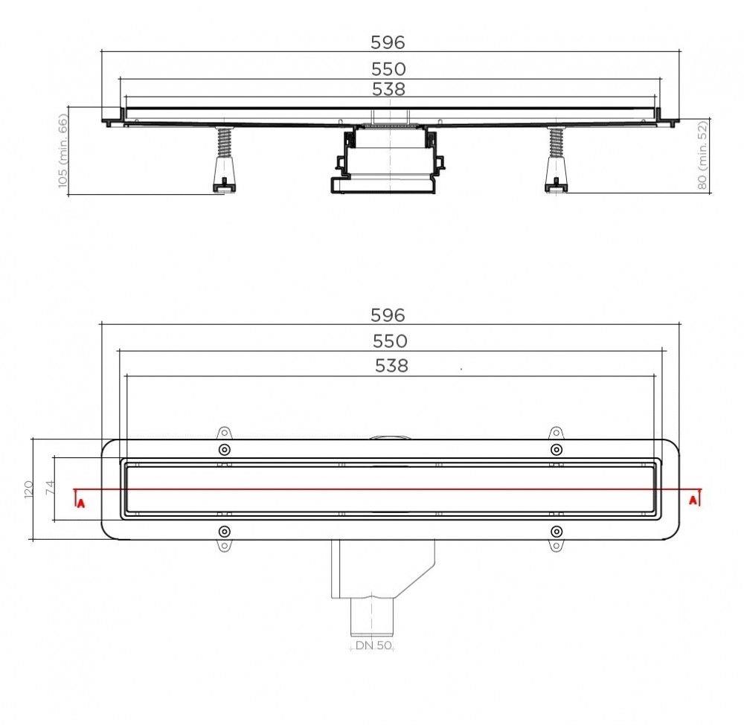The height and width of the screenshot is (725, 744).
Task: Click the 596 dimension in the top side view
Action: tap(389, 42)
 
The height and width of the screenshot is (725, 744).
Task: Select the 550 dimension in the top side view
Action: tap(389, 68)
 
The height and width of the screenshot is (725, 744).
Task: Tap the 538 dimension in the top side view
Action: tap(389, 89)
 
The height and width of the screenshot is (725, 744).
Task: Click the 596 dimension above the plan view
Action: tap(388, 315)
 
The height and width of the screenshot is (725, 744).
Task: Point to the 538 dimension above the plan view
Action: tap(391, 365)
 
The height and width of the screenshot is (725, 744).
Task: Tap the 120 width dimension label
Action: tap(29, 489)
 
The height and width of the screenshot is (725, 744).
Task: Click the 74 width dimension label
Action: tap(50, 489)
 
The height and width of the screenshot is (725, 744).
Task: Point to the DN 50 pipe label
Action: tap(373, 645)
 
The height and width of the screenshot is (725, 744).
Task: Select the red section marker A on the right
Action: tap(693, 500)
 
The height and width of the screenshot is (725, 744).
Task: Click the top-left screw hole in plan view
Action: tap(224, 450)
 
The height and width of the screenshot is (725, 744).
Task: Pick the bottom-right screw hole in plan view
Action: tap(556, 531)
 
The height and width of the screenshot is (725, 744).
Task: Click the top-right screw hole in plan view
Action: tap(556, 450)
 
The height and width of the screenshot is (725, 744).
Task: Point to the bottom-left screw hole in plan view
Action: tap(224, 531)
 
